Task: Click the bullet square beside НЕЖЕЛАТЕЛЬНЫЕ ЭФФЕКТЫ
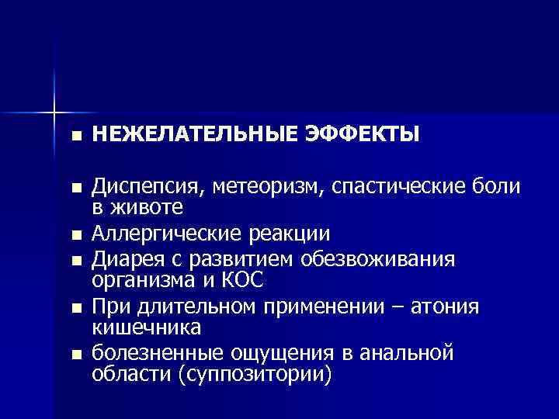75,137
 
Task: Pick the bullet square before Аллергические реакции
75,235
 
